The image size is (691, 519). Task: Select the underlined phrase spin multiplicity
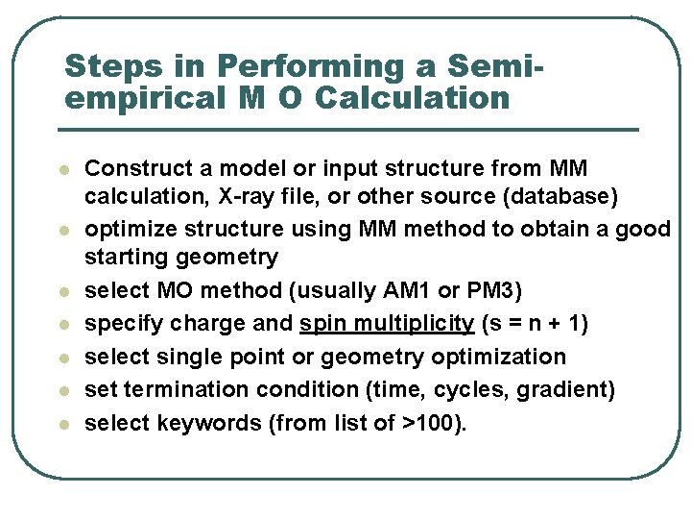point(387,323)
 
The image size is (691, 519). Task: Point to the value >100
point(437,423)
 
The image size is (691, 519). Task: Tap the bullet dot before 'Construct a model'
point(64,169)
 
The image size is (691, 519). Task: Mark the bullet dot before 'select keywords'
point(64,424)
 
